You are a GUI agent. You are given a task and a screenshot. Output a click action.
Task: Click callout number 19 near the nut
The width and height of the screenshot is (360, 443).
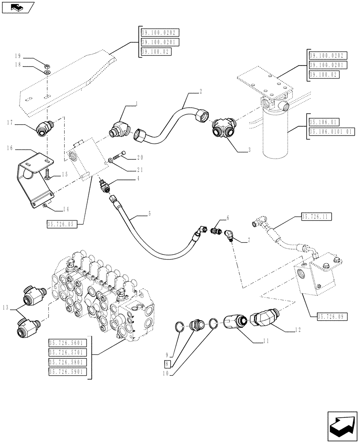tap(18, 56)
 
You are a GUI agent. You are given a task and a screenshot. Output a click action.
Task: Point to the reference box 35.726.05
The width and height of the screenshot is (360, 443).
tap(62, 225)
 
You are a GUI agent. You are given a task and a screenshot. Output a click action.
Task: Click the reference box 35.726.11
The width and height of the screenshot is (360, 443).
tap(317, 217)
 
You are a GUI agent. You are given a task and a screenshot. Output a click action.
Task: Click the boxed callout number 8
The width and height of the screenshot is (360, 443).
tap(167, 365)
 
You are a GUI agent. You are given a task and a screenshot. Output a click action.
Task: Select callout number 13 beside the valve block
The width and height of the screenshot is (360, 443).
tap(5, 307)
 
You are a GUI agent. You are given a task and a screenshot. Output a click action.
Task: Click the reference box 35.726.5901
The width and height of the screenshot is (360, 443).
tap(68, 373)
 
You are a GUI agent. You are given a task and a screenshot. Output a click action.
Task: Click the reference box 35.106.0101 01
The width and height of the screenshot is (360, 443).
tap(332, 131)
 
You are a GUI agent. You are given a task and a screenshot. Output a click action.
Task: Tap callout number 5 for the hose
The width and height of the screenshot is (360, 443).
tap(149, 214)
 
